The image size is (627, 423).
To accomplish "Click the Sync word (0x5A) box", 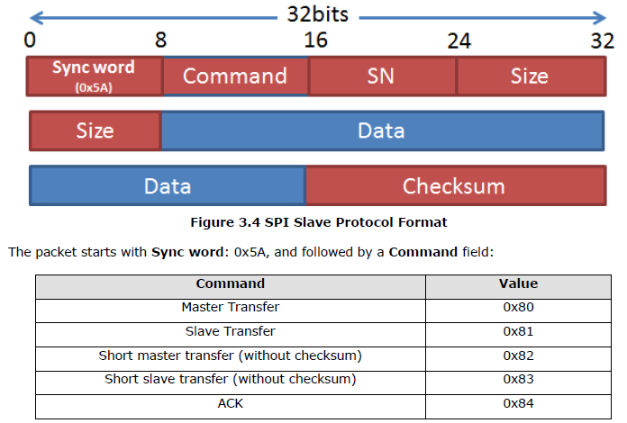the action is pyautogui.click(x=95, y=76).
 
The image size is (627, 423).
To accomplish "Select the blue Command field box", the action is pyautogui.click(x=235, y=76).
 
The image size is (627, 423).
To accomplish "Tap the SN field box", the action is pyautogui.click(x=382, y=76).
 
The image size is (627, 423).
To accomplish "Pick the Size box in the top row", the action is pyautogui.click(x=530, y=76).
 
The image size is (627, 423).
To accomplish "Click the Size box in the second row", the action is pyautogui.click(x=95, y=130).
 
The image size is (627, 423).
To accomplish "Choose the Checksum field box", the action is pyautogui.click(x=453, y=185).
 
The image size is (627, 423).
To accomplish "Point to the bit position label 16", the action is pyautogui.click(x=315, y=41).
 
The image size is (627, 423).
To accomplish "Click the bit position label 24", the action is pyautogui.click(x=459, y=41).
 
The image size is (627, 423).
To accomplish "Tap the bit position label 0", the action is pyautogui.click(x=31, y=41).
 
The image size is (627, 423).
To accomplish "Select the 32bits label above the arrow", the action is pyautogui.click(x=317, y=15).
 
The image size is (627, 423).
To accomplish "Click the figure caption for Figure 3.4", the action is pyautogui.click(x=317, y=221).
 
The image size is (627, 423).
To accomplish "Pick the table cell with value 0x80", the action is pyautogui.click(x=519, y=307).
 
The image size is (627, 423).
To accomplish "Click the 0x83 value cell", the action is pyautogui.click(x=519, y=379).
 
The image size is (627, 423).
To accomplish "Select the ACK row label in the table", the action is pyautogui.click(x=231, y=403).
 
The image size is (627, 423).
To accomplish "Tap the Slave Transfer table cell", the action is pyautogui.click(x=231, y=331).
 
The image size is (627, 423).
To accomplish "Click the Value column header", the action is pyautogui.click(x=519, y=283).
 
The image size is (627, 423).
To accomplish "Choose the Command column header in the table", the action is pyautogui.click(x=231, y=283).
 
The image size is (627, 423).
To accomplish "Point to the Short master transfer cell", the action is pyautogui.click(x=231, y=355).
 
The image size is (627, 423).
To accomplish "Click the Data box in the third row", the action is pyautogui.click(x=168, y=185).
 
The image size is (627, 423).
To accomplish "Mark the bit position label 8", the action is pyautogui.click(x=160, y=41).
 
